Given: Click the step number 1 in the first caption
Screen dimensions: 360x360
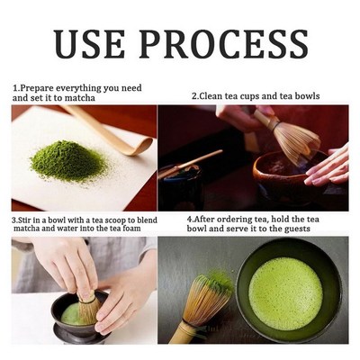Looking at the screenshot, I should coord(15,88).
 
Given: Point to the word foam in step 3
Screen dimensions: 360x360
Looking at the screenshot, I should coord(146,229).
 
